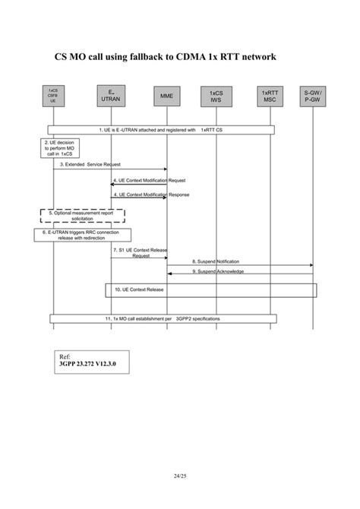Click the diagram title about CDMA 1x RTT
[x=166, y=57]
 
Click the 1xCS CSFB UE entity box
[x=52, y=95]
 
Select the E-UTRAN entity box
[x=111, y=95]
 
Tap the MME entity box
[x=166, y=96]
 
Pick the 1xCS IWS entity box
[x=216, y=96]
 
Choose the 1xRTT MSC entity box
[x=269, y=96]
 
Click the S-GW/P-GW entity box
[x=312, y=96]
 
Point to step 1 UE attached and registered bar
[x=161, y=130]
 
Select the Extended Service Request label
[x=90, y=164]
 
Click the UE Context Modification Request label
[x=149, y=180]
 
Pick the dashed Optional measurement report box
[x=82, y=215]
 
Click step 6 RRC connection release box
[x=82, y=234]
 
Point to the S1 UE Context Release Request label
[x=141, y=252]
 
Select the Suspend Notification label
[x=216, y=261]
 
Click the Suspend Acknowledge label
[x=217, y=270]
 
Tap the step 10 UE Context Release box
[x=210, y=290]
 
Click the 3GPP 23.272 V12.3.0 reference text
[x=88, y=364]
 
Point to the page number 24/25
[x=180, y=476]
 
